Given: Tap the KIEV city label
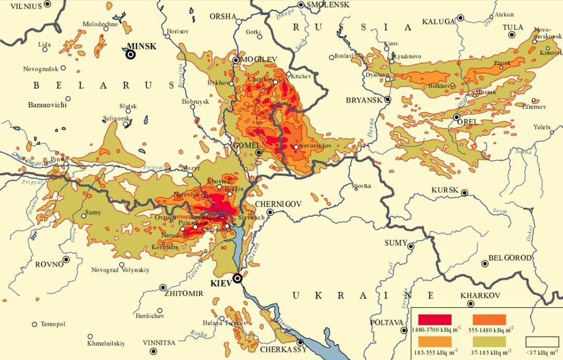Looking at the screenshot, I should pos(220,283).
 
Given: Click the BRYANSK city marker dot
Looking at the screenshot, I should pos(388,99).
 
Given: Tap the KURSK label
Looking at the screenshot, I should pos(444,190).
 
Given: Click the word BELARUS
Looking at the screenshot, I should pos(103,85).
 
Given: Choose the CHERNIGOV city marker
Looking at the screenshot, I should pos(270,212).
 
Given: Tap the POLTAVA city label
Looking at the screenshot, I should pos(387,322).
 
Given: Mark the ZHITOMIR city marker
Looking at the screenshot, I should pos(163,287).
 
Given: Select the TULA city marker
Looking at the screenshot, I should pos(512,35).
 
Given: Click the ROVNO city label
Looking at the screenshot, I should pos(49,264).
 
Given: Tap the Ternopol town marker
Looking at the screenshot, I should pos(35,324).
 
